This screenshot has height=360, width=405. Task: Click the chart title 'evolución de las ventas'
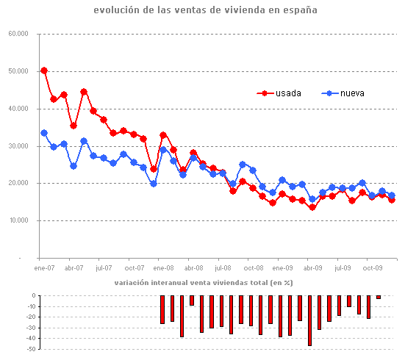[x=206, y=10]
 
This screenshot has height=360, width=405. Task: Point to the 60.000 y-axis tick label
[x=18, y=34]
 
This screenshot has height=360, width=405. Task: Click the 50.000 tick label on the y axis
[x=18, y=71]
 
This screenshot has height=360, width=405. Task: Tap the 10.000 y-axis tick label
[x=18, y=220]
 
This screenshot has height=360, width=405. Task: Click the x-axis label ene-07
[x=44, y=269]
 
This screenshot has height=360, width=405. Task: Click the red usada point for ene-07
[x=44, y=71]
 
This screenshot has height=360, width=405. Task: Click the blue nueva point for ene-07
[x=44, y=133]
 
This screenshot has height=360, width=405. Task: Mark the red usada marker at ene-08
[x=163, y=135]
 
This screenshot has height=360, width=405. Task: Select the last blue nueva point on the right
[x=392, y=195]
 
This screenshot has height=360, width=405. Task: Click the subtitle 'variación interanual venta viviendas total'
[x=203, y=283]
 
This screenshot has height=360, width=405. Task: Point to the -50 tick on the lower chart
[x=29, y=349]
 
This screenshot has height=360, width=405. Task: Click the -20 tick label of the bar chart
[x=29, y=317]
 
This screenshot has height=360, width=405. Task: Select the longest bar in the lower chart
[x=309, y=320]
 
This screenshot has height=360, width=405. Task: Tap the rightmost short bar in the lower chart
[x=379, y=297]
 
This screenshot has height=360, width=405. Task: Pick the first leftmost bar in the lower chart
[x=162, y=309]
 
